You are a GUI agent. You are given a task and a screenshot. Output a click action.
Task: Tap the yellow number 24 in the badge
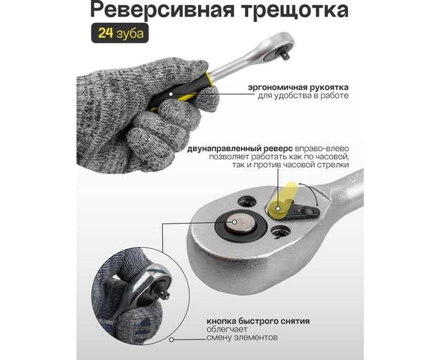coord(106,33)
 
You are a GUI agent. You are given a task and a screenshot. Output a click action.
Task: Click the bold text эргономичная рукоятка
coord(298,87)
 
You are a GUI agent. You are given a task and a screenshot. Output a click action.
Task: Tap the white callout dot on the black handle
coord(171,94)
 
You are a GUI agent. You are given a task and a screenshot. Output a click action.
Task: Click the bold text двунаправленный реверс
coord(240,149)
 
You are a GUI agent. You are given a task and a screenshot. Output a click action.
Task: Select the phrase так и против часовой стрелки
coord(290,164)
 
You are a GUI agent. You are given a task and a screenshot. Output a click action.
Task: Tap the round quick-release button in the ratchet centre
coord(240,224)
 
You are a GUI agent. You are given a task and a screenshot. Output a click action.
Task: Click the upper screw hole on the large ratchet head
coord(247,201)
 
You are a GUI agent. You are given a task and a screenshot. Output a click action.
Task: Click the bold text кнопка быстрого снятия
coord(258,321)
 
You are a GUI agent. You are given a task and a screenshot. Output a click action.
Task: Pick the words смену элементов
coord(242,337)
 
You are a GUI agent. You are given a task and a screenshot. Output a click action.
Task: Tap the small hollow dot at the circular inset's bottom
coord(172,340)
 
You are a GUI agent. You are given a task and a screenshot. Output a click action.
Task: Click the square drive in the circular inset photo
coord(162,294)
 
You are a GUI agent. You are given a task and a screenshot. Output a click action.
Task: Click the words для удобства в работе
coord(303,96)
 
